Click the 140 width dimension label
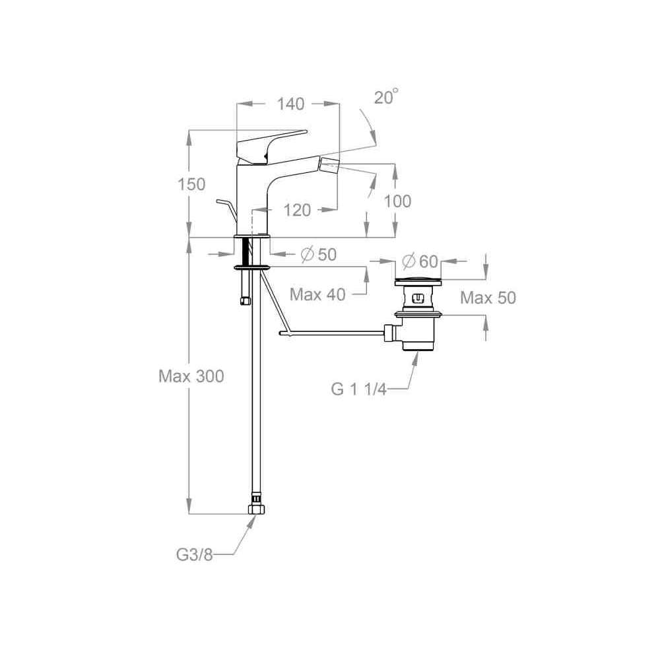tap(290, 104)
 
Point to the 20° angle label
tap(386, 97)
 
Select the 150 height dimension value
tap(191, 184)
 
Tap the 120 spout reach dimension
tap(297, 210)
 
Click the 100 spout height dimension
tap(398, 201)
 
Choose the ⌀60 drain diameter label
tap(420, 261)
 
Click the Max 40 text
tap(318, 294)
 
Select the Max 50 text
tap(488, 298)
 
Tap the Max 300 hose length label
tap(191, 376)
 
